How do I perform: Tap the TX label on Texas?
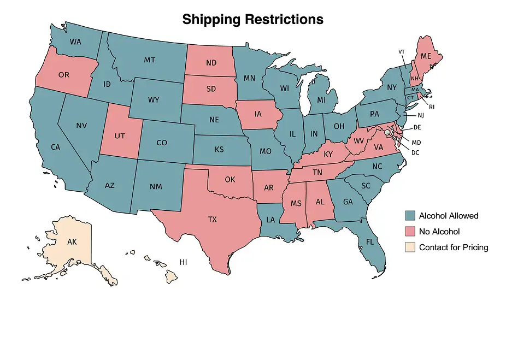212,220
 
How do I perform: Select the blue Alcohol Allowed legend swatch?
410,215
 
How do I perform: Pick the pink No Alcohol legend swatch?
410,231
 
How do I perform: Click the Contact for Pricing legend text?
454,247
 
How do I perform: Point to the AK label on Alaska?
72,241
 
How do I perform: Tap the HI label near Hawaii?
184,262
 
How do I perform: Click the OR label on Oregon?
63,74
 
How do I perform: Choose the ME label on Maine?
426,56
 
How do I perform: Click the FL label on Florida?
370,241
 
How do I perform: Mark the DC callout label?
415,152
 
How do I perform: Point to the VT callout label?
402,51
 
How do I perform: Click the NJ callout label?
420,115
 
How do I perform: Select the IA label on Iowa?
257,115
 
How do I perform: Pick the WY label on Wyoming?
154,100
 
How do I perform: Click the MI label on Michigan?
321,101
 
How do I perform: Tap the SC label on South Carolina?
366,186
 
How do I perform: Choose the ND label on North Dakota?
211,63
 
